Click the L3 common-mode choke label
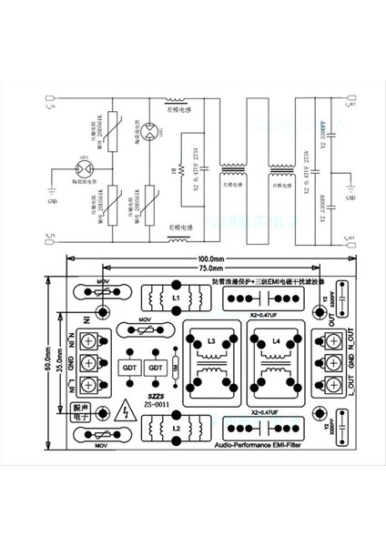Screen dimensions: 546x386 (212, 341)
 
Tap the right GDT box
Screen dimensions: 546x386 (157, 367)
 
